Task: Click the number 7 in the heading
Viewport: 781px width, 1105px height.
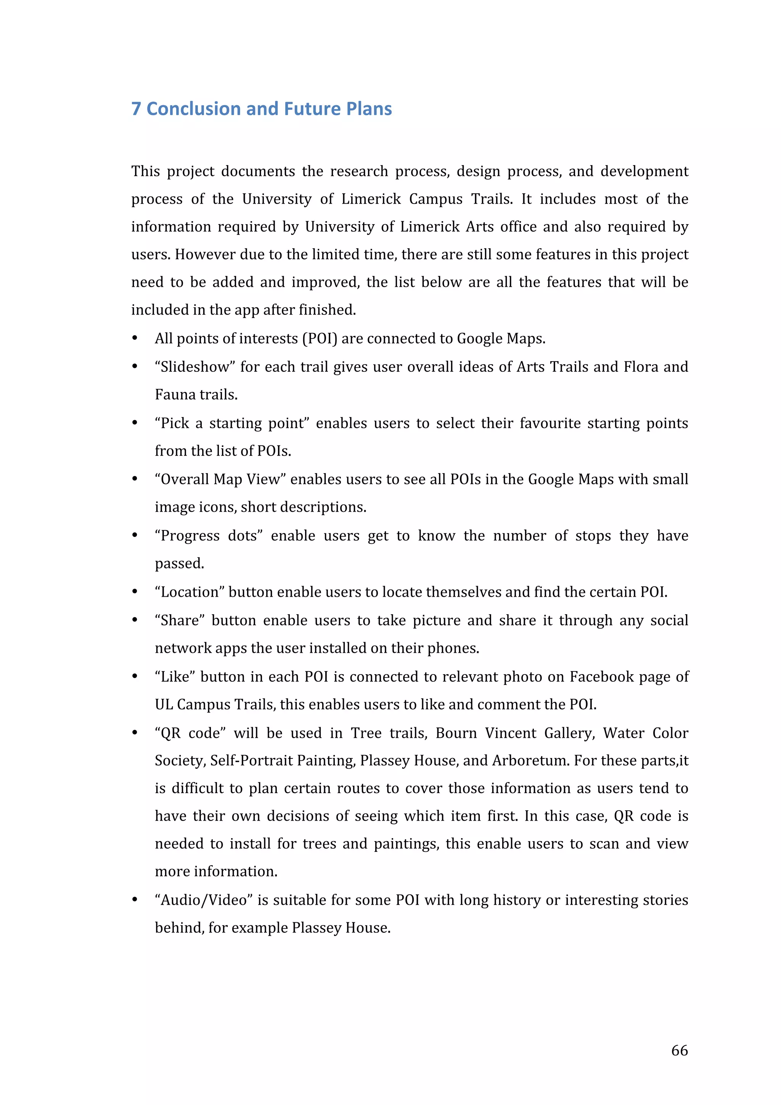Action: pyautogui.click(x=136, y=109)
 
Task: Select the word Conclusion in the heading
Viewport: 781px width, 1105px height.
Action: pyautogui.click(x=193, y=109)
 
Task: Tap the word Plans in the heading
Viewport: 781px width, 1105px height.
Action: pyautogui.click(x=369, y=109)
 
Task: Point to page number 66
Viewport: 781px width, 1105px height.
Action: pyautogui.click(x=680, y=1050)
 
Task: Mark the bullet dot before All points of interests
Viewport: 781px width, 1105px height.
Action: pyautogui.click(x=135, y=339)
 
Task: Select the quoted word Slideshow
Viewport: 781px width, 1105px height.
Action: pyautogui.click(x=194, y=367)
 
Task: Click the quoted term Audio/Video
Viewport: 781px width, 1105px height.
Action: pyautogui.click(x=204, y=900)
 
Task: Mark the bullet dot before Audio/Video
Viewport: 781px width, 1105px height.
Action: pyautogui.click(x=135, y=900)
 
